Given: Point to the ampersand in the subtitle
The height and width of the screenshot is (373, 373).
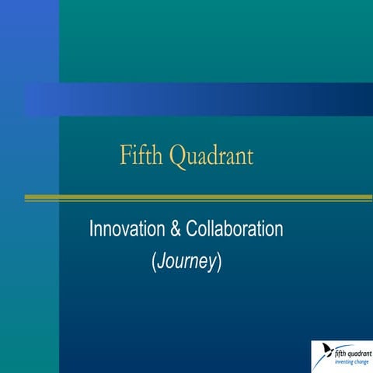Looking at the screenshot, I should pos(176,229).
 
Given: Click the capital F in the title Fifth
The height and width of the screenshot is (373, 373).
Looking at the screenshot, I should pos(125,155).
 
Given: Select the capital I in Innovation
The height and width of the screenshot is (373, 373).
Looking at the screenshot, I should pos(92,229).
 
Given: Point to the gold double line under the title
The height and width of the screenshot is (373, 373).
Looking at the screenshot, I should pos(198,198).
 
